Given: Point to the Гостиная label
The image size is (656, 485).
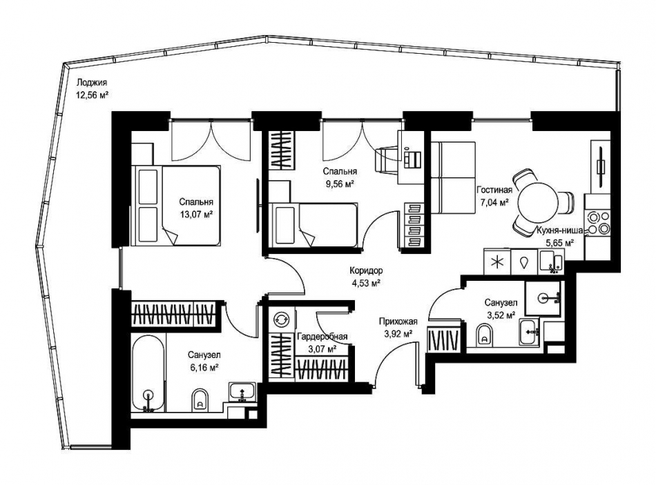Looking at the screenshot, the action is click(x=494, y=190).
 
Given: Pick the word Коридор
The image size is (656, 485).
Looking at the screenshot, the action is click(x=366, y=271).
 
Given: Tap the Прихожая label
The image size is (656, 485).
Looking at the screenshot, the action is click(x=398, y=321).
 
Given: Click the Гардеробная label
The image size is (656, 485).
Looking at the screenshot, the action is click(x=322, y=337).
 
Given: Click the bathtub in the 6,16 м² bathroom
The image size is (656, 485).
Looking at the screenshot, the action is click(x=148, y=373).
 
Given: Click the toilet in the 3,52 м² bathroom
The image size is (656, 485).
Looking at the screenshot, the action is click(x=485, y=335).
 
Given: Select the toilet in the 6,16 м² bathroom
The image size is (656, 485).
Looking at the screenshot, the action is click(x=200, y=401).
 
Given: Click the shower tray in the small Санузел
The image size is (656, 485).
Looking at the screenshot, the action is click(x=542, y=298).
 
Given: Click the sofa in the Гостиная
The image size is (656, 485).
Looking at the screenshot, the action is click(x=454, y=177).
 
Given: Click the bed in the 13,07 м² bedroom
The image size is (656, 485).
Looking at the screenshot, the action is click(x=175, y=206).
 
